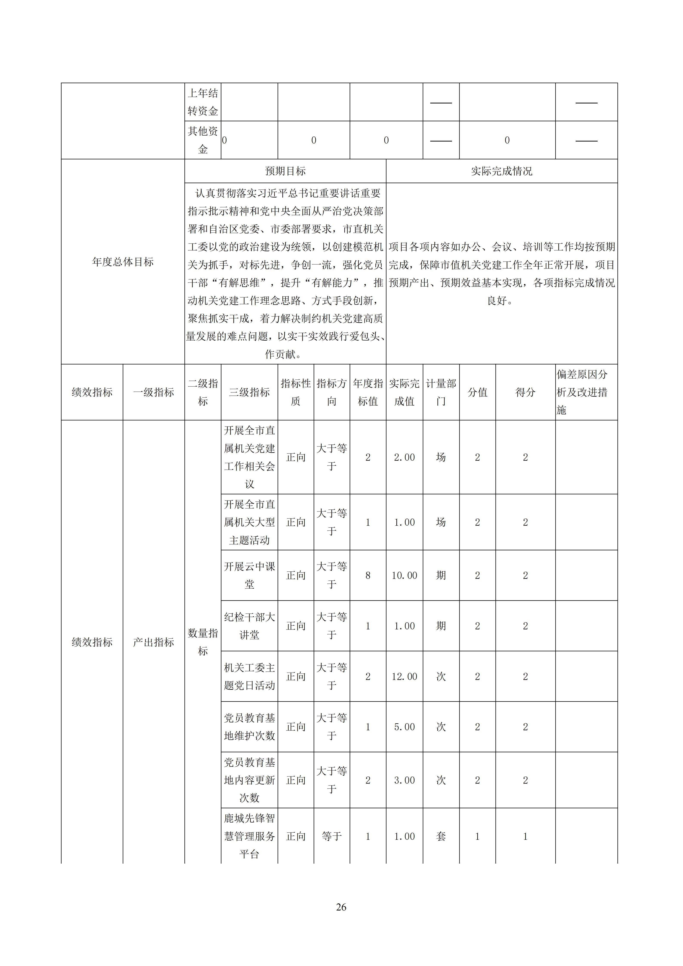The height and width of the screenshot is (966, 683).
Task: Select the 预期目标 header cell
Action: [x=285, y=171]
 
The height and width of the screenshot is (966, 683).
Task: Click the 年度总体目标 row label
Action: [x=123, y=262]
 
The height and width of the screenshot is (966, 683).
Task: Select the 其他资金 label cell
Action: [x=203, y=140]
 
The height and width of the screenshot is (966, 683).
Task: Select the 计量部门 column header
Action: [x=441, y=392]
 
